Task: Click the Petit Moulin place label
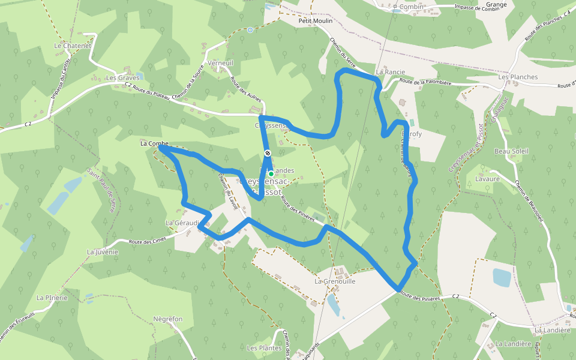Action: click(x=316, y=20)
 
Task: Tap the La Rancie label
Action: click(x=391, y=71)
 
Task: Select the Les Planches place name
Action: click(x=518, y=77)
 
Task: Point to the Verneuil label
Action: click(x=221, y=63)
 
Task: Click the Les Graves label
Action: click(x=122, y=77)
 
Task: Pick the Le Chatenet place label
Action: click(x=72, y=45)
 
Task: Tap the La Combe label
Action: click(x=154, y=144)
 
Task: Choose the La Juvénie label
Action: click(x=103, y=252)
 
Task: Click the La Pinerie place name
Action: click(x=52, y=298)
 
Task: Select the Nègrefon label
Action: click(x=167, y=319)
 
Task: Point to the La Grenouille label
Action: click(x=335, y=281)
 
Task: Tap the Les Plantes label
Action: click(x=264, y=348)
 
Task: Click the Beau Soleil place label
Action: click(x=511, y=151)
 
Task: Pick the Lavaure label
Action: click(x=487, y=179)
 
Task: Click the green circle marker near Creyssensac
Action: click(x=271, y=174)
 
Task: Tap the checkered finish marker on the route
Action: click(x=268, y=154)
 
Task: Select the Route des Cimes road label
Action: click(x=147, y=241)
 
